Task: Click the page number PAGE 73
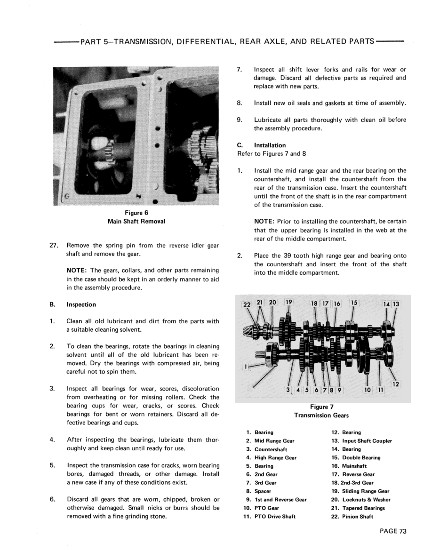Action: pyautogui.click(x=392, y=531)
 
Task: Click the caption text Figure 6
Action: pyautogui.click(x=137, y=213)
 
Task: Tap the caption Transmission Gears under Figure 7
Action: pyautogui.click(x=321, y=415)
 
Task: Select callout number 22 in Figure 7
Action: pyautogui.click(x=247, y=304)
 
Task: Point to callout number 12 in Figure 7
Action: pyautogui.click(x=395, y=384)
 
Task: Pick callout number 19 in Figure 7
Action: pyautogui.click(x=289, y=303)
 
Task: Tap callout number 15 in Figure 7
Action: pyautogui.click(x=354, y=303)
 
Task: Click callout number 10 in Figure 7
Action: pyautogui.click(x=367, y=390)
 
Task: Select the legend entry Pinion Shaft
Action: pyautogui.click(x=358, y=517)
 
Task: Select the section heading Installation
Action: pyautogui.click(x=270, y=145)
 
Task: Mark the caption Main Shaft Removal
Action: pyautogui.click(x=137, y=221)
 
